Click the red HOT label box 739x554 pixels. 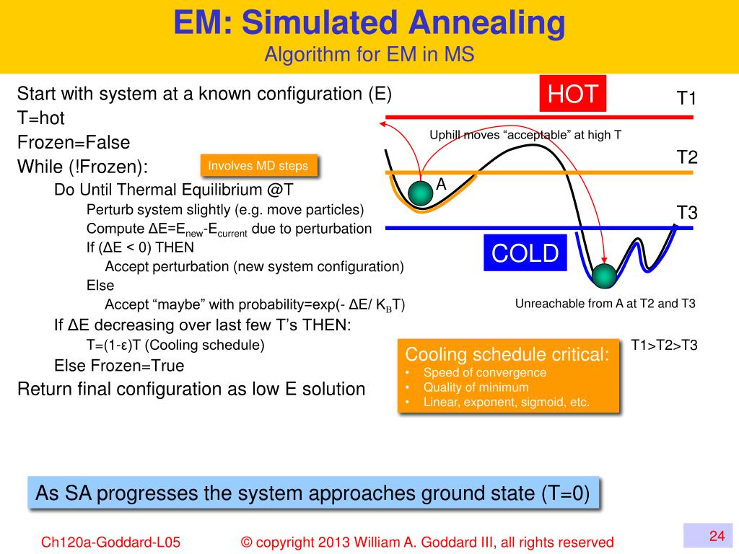click(x=573, y=94)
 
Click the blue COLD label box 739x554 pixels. click(x=525, y=253)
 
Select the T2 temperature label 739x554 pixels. click(x=686, y=157)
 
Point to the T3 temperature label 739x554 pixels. click(x=686, y=213)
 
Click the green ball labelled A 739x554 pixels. click(x=419, y=193)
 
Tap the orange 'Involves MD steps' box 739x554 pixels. click(x=258, y=166)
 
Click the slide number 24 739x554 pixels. click(x=717, y=535)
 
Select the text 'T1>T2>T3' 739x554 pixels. click(x=664, y=345)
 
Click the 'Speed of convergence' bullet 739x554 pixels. click(x=484, y=373)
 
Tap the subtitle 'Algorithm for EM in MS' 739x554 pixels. click(x=369, y=55)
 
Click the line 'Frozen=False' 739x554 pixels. click(x=74, y=142)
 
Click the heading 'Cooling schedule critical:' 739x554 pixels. click(x=507, y=354)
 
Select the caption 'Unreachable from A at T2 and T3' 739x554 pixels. click(x=605, y=304)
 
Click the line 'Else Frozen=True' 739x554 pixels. click(x=119, y=366)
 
